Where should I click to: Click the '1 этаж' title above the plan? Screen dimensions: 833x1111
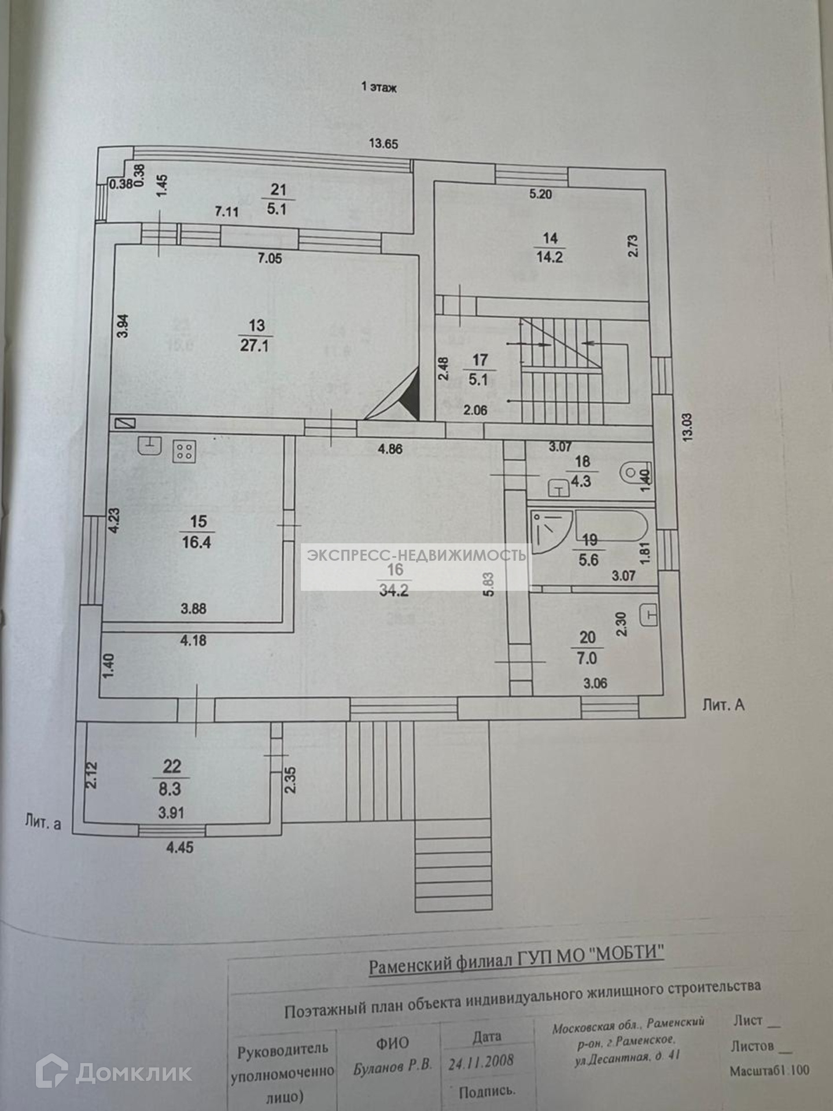click(379, 87)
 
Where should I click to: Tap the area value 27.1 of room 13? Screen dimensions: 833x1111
click(255, 345)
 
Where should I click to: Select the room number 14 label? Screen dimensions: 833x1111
click(550, 238)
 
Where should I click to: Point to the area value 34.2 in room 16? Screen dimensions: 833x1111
click(394, 590)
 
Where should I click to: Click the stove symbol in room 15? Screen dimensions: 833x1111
click(184, 451)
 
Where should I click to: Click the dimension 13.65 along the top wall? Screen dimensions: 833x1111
click(384, 144)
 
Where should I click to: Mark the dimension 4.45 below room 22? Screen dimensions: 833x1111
click(180, 848)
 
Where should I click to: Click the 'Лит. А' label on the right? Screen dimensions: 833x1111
click(723, 705)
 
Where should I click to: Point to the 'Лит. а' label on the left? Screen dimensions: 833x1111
click(43, 822)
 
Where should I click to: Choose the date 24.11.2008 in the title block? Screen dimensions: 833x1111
click(481, 1062)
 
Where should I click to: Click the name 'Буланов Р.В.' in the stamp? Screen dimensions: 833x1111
click(393, 1066)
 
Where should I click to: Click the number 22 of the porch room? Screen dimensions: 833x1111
click(172, 767)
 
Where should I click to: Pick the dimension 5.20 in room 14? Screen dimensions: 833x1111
click(540, 194)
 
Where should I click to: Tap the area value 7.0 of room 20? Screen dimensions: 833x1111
click(587, 658)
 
